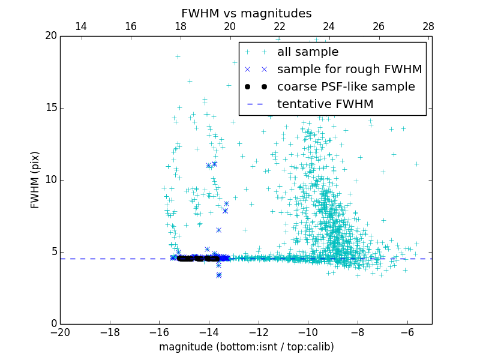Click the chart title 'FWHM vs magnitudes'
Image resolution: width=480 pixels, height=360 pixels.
point(246,13)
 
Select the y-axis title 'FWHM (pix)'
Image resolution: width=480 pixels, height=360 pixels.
point(35,179)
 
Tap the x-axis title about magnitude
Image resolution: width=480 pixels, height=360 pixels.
point(246,347)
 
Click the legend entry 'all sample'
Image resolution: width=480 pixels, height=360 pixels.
point(307,52)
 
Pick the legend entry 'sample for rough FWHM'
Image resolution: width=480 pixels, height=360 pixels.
point(349,70)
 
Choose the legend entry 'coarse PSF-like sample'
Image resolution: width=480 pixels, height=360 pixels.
point(346,87)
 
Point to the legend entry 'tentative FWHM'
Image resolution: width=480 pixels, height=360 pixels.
point(325,104)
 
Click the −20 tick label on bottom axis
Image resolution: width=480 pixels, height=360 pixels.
point(60,332)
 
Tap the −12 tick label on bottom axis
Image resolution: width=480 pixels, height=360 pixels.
point(258,332)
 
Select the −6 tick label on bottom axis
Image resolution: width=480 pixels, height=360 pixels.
point(407,332)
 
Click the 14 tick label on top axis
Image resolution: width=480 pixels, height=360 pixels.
point(81,26)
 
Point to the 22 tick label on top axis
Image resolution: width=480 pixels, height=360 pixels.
point(280,26)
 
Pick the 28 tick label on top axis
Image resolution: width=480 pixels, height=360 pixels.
point(428,26)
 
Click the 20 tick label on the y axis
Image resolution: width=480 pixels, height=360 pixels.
point(50,36)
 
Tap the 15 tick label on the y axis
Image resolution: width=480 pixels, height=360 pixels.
point(50,108)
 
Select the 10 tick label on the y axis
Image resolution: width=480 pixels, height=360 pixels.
point(50,180)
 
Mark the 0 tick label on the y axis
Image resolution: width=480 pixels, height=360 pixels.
point(53,324)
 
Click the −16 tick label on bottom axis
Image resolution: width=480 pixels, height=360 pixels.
point(159,332)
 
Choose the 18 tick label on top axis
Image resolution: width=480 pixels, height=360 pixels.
point(180,26)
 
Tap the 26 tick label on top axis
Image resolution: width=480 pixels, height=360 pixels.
point(379,26)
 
